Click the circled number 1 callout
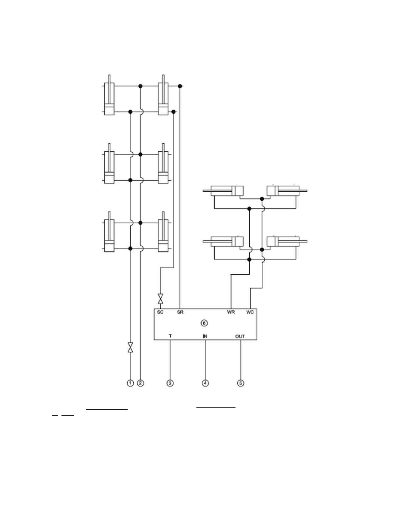[x=130, y=383]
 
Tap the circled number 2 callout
[x=141, y=383]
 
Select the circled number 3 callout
[x=170, y=383]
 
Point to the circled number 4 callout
[x=205, y=383]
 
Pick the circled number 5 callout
[x=241, y=383]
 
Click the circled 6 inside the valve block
[x=204, y=323]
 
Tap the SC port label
[x=160, y=312]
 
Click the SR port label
[x=180, y=312]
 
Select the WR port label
[x=231, y=312]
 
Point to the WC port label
[x=250, y=312]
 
